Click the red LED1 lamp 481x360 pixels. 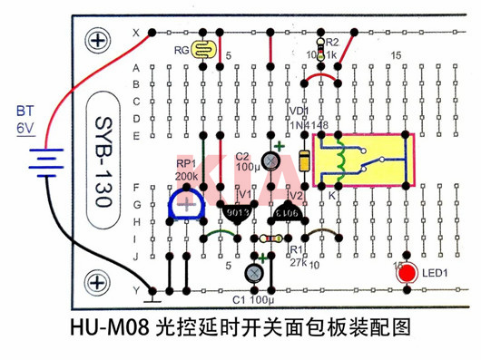point(407,273)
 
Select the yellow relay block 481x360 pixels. point(362,161)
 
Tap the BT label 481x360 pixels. point(25,112)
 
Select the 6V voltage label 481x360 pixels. point(24,129)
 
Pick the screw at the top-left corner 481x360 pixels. point(97,40)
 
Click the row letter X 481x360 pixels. point(137,33)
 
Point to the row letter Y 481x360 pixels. point(137,290)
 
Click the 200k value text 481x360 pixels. point(187,176)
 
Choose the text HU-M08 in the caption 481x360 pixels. point(109,326)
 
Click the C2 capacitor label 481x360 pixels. point(243,156)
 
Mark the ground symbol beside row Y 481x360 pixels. point(154,292)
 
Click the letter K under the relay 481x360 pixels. point(331,195)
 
